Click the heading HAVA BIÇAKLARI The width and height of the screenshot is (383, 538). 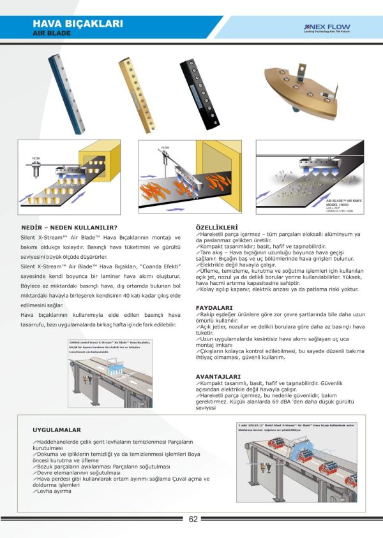[77, 24]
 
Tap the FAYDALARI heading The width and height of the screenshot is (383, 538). [213, 307]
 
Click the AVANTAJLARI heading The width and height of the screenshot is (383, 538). [218, 375]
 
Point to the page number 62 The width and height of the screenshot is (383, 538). [193, 518]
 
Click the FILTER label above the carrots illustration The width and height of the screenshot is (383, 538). [164, 147]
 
